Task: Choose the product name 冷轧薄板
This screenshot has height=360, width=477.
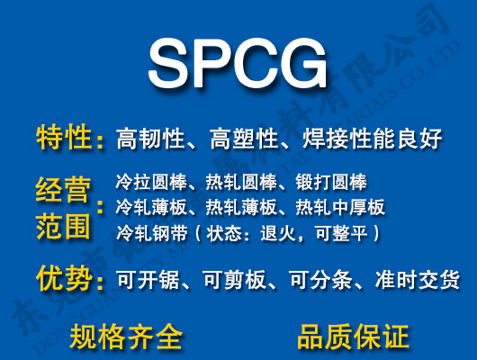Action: pyautogui.click(x=147, y=208)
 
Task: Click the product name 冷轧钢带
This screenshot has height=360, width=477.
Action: pyautogui.click(x=147, y=233)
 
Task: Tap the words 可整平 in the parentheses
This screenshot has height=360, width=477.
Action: pyautogui.click(x=342, y=233)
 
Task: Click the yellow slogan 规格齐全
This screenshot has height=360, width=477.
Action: pyautogui.click(x=127, y=336)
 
